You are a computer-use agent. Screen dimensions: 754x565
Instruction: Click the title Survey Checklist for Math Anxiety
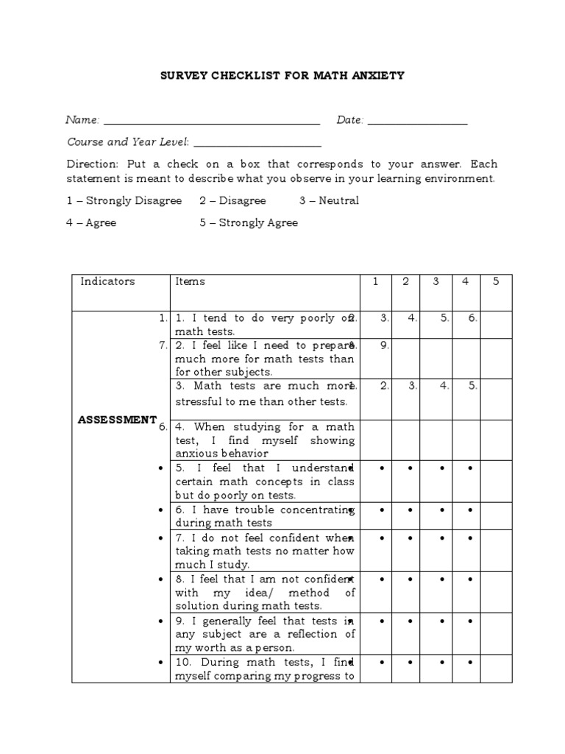(x=282, y=76)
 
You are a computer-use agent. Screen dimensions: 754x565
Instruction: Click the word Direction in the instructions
(x=92, y=163)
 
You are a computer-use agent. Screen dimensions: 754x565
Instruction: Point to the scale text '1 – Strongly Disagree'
(x=124, y=201)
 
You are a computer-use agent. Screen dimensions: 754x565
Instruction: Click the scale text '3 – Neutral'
(x=329, y=201)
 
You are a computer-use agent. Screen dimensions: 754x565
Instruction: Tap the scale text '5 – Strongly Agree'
(x=249, y=223)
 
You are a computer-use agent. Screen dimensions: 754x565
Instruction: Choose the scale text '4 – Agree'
(x=91, y=223)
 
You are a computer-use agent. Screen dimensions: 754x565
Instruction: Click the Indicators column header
(x=107, y=281)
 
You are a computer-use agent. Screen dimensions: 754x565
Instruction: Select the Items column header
(x=191, y=281)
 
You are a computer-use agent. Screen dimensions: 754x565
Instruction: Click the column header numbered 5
(x=496, y=281)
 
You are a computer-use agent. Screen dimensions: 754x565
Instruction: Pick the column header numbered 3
(x=436, y=281)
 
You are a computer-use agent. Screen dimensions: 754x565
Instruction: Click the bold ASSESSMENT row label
(x=118, y=419)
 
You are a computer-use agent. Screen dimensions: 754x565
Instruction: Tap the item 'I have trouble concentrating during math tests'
(x=264, y=516)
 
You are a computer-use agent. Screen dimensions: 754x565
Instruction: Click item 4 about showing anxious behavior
(x=264, y=440)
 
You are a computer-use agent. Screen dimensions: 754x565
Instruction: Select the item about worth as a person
(x=264, y=634)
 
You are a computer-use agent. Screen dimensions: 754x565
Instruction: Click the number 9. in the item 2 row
(x=384, y=345)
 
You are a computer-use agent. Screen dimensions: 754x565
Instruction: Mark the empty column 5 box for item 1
(x=496, y=325)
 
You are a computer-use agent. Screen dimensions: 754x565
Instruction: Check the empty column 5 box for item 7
(x=496, y=551)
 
